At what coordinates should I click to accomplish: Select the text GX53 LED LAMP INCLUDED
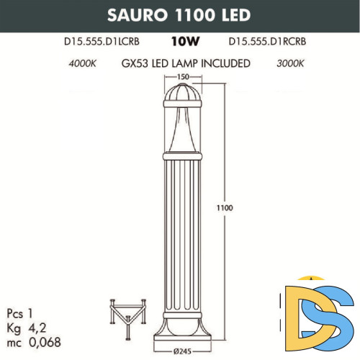[186, 63]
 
